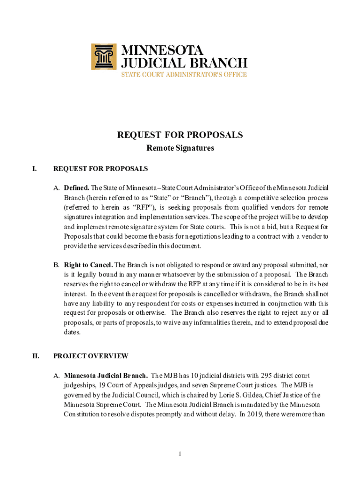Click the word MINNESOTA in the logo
(x=163, y=50)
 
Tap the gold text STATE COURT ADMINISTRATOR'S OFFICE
(x=184, y=74)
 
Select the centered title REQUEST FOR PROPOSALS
(x=180, y=135)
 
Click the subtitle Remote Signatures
(x=180, y=148)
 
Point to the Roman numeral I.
(x=34, y=168)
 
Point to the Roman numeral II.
(x=36, y=356)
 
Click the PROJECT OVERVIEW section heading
(x=91, y=356)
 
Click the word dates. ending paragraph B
(x=72, y=332)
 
